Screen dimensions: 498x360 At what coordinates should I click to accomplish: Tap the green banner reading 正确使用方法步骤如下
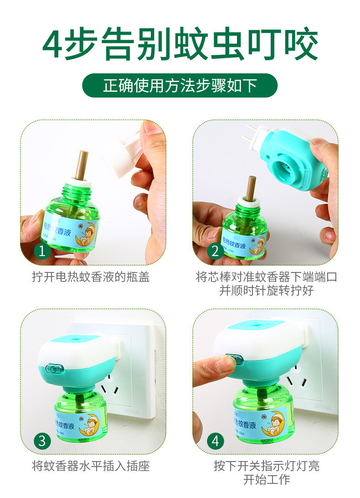[180, 85]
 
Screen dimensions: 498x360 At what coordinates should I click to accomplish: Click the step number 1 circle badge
[42, 251]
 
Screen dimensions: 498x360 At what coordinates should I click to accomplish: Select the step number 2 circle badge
[215, 251]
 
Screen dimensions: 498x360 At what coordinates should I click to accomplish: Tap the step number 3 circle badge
[42, 441]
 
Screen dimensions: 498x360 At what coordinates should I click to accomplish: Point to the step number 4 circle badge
[215, 441]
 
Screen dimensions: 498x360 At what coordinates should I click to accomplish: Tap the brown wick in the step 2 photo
[251, 188]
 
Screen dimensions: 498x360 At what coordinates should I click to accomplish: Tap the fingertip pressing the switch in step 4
[226, 363]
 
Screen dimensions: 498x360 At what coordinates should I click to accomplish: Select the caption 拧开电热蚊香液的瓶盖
[91, 277]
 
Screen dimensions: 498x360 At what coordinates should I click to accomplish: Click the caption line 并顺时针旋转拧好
[267, 291]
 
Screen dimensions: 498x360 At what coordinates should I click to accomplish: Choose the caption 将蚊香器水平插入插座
[91, 466]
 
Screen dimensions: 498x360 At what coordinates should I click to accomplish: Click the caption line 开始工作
[267, 479]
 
